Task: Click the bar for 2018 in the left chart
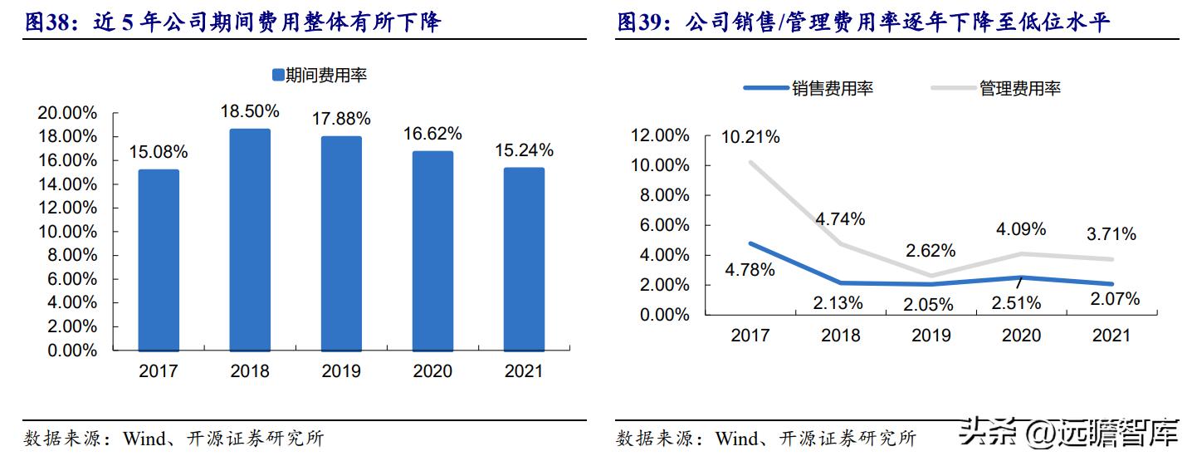click(250, 240)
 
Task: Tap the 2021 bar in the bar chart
click(524, 259)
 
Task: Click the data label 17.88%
click(342, 119)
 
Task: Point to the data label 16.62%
click(432, 134)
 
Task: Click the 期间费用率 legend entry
click(320, 76)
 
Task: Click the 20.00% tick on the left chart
click(68, 113)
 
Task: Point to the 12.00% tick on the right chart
click(660, 135)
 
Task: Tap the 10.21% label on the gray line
click(750, 137)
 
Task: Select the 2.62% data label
click(931, 250)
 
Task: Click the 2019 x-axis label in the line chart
click(931, 336)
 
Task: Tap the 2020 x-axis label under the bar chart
click(432, 371)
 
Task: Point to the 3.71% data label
click(1111, 234)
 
